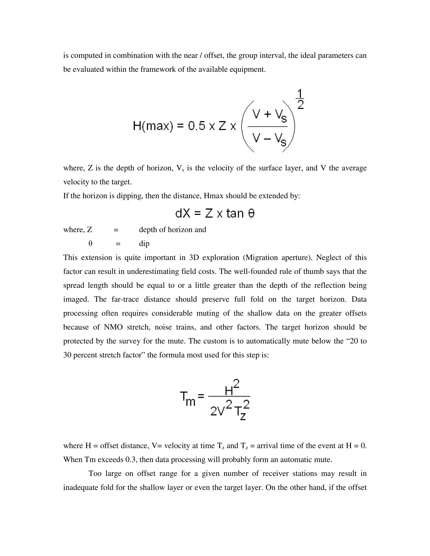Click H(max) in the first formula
[x=153, y=126]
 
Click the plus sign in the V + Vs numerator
[x=267, y=114]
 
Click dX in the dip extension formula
[x=183, y=213]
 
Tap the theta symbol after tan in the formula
[x=251, y=213]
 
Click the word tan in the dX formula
[x=235, y=213]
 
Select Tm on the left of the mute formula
[x=187, y=399]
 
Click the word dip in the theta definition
[x=144, y=244]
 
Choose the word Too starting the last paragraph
[x=95, y=474]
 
